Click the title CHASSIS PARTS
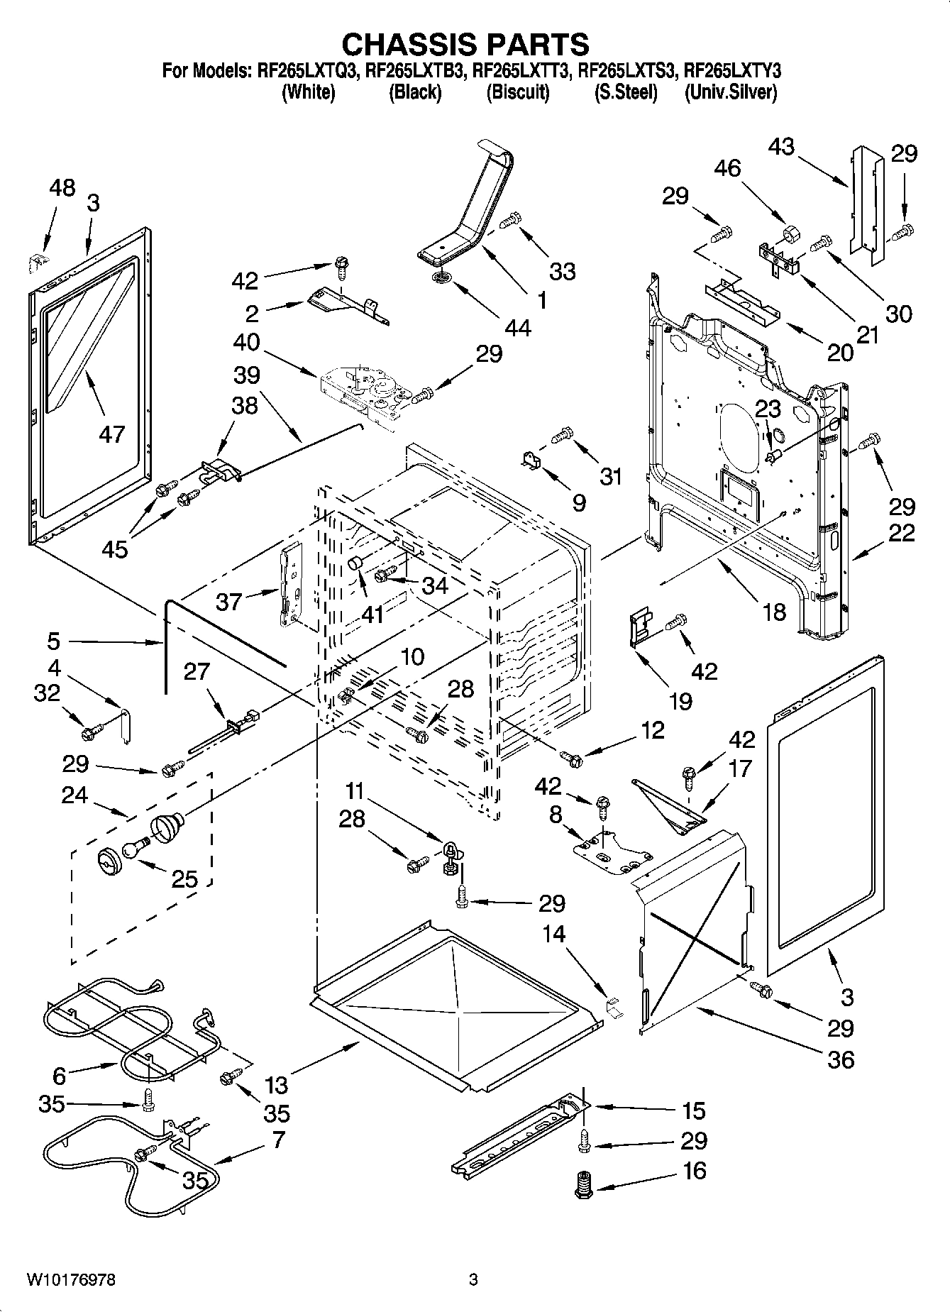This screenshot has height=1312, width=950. [x=465, y=44]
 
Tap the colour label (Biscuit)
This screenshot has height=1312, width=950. [x=517, y=92]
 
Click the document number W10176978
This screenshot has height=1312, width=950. [x=71, y=1280]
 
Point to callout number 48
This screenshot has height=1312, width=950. [x=62, y=188]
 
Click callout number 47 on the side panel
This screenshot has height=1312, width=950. [x=112, y=434]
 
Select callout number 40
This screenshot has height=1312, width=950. [x=246, y=343]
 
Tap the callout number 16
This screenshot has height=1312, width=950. [x=694, y=1170]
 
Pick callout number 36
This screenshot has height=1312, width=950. [x=840, y=1059]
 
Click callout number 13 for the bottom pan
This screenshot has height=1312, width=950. [x=277, y=1085]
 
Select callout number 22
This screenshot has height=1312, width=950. [x=901, y=533]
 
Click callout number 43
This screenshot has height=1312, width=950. [x=781, y=147]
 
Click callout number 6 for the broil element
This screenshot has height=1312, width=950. [x=59, y=1076]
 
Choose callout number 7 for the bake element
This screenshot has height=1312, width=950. [x=277, y=1140]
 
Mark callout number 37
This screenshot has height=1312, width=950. [x=229, y=602]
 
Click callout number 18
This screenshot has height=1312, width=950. [x=774, y=611]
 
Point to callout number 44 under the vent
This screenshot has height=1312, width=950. [x=518, y=328]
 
